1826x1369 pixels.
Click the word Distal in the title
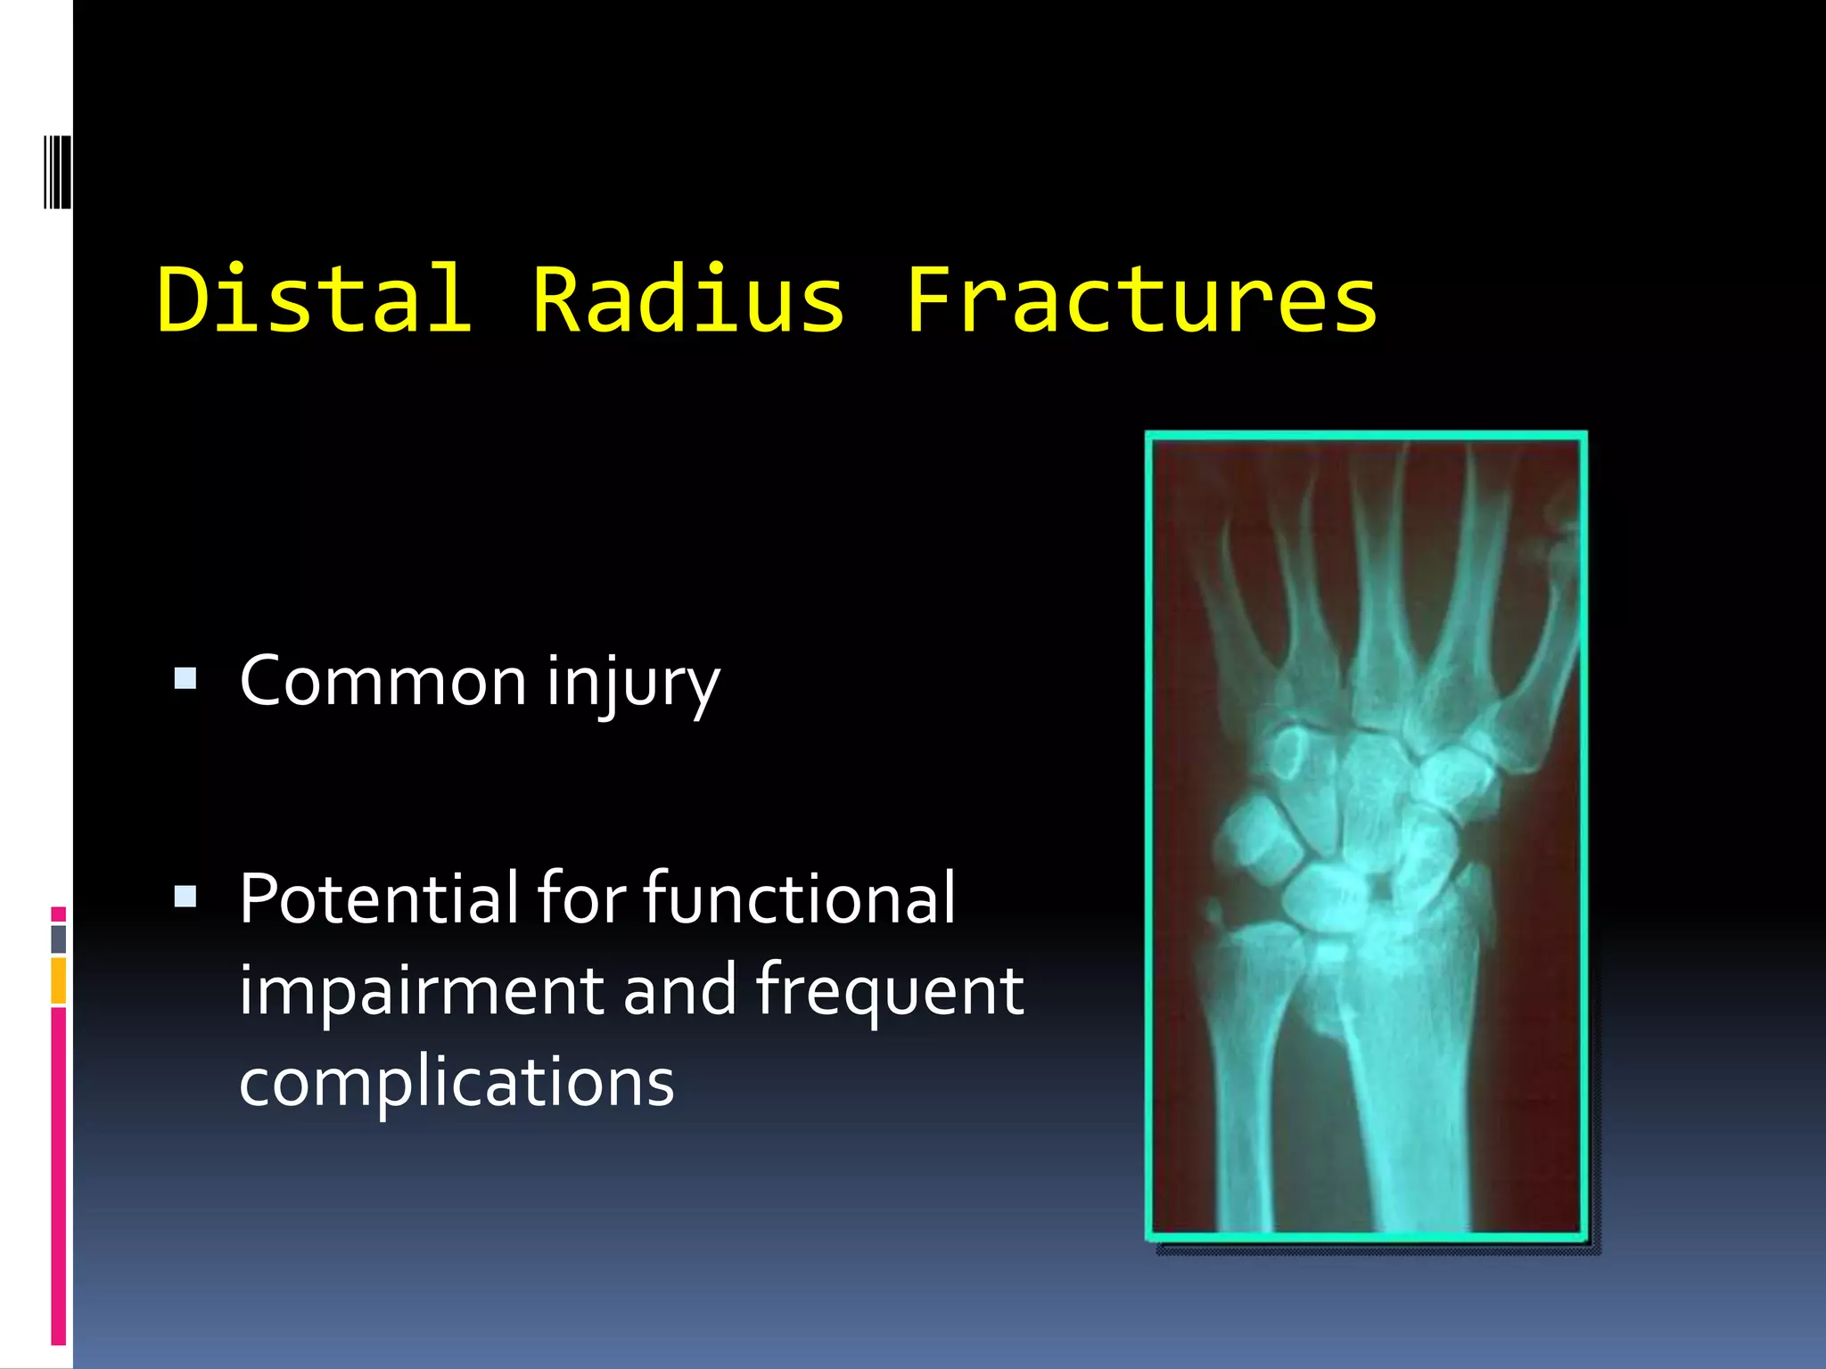pos(314,299)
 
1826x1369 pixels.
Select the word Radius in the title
pos(687,299)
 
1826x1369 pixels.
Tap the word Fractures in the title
pos(1142,299)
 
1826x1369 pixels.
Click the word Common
pos(383,682)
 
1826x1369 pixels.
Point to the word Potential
pos(378,898)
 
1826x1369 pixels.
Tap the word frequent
pos(890,991)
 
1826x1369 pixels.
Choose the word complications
pos(456,1082)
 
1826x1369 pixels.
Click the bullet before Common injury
pos(185,680)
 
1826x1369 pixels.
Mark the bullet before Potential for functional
pos(185,897)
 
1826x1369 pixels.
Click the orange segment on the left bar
pos(59,980)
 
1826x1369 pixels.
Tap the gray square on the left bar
pos(59,939)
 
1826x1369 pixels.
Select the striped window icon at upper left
pos(57,171)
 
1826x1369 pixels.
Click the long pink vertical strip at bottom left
pos(59,1176)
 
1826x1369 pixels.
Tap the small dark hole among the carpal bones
pos(1380,889)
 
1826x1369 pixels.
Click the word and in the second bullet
pos(679,991)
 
